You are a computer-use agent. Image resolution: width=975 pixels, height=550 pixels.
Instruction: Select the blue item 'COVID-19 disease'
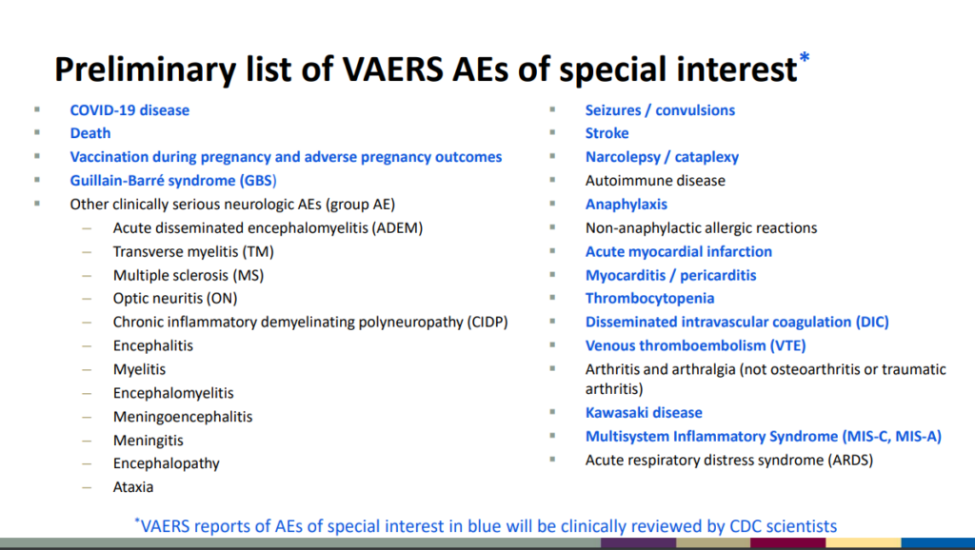pos(129,110)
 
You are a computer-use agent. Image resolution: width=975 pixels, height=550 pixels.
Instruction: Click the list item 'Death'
pos(90,133)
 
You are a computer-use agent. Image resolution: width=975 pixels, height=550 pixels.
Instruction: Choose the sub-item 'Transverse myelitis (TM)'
pos(193,251)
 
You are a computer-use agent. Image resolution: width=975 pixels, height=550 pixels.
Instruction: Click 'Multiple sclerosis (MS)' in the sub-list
pos(188,275)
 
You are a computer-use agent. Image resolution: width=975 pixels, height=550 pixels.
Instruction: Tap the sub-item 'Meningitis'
pos(148,441)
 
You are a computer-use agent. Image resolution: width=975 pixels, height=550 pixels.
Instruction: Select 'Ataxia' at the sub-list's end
pos(133,487)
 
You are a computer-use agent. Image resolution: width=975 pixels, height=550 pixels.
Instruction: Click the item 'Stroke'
pos(607,133)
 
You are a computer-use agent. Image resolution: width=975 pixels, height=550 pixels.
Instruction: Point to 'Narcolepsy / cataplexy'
pos(662,157)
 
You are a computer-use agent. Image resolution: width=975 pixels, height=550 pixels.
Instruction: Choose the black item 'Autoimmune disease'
pos(655,181)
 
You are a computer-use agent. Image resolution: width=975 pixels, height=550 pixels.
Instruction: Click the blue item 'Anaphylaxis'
pos(627,204)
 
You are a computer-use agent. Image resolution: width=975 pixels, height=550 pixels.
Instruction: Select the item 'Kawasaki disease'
pos(644,413)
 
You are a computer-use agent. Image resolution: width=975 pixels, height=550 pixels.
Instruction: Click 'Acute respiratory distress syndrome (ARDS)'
pos(728,460)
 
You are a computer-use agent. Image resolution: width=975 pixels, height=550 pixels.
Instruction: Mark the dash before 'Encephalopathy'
pos(88,463)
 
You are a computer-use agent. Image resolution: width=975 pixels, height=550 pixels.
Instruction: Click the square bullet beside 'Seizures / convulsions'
pos(552,110)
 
